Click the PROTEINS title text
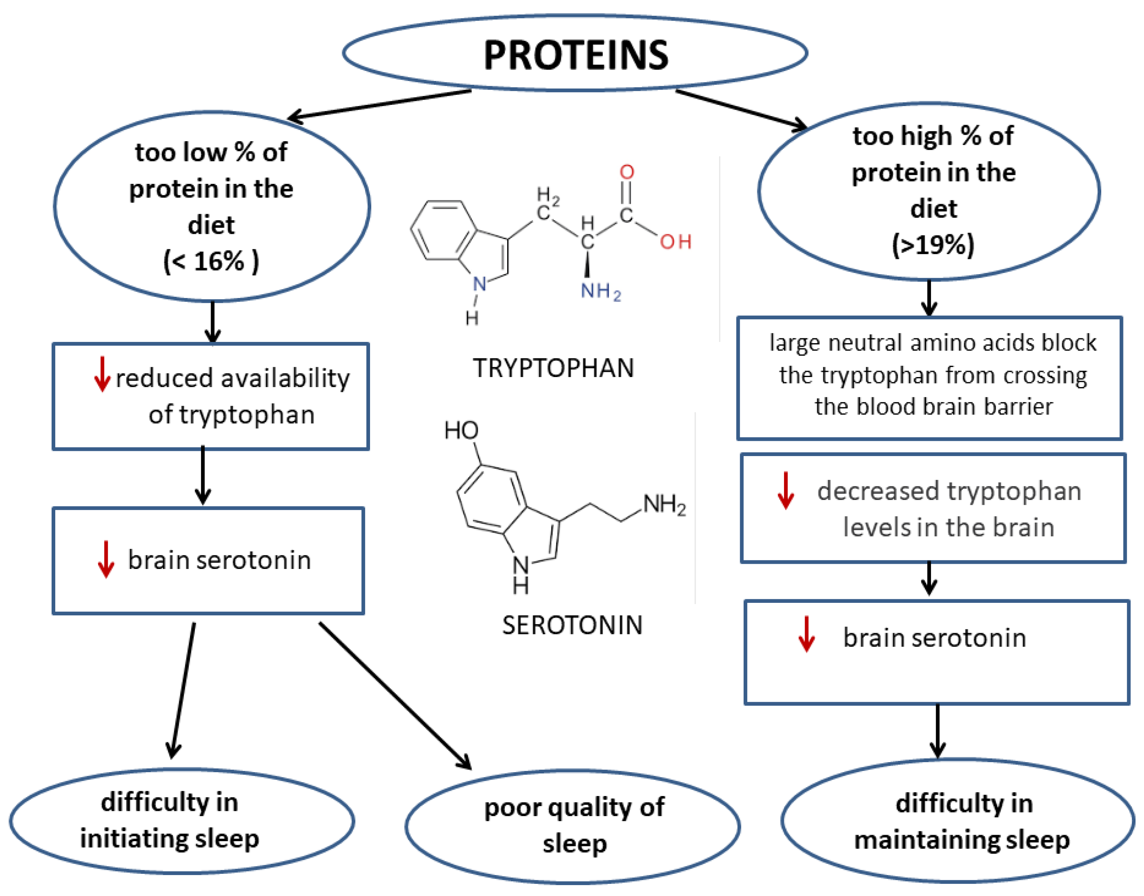(x=575, y=55)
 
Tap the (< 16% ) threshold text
(x=211, y=261)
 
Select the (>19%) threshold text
(x=933, y=244)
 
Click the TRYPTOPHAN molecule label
(x=553, y=368)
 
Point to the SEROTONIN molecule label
(x=572, y=625)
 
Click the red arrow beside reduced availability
(x=102, y=374)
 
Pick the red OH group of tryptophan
(x=676, y=242)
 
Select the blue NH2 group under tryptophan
(x=600, y=291)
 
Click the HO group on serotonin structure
(x=461, y=431)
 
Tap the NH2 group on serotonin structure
(x=664, y=505)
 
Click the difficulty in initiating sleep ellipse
(x=181, y=821)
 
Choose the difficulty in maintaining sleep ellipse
(x=958, y=821)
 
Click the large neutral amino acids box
(x=929, y=378)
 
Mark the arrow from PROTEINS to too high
(x=741, y=109)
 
